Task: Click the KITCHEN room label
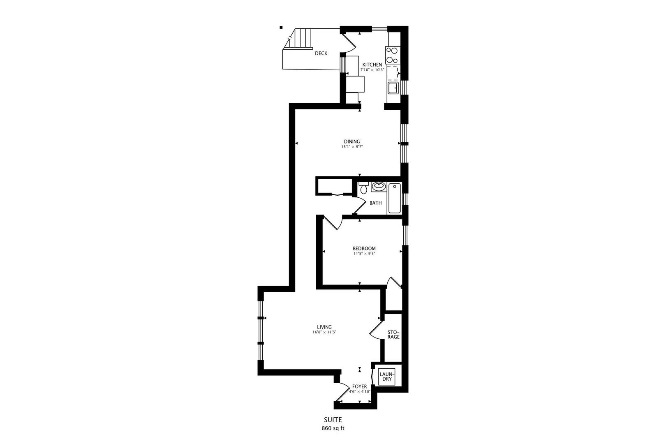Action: pyautogui.click(x=372, y=65)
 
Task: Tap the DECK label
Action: pyautogui.click(x=321, y=53)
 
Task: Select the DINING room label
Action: pyautogui.click(x=352, y=141)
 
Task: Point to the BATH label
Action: pyautogui.click(x=375, y=203)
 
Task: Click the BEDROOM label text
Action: pyautogui.click(x=364, y=248)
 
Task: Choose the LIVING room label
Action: pyautogui.click(x=324, y=327)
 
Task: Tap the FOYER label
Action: pyautogui.click(x=359, y=386)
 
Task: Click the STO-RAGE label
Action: pyautogui.click(x=393, y=334)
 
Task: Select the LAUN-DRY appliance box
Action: pyautogui.click(x=387, y=376)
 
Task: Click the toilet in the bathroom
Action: pyautogui.click(x=363, y=190)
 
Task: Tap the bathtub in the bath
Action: pyautogui.click(x=394, y=199)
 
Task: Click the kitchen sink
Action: pyautogui.click(x=392, y=87)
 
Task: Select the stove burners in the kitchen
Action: pyautogui.click(x=392, y=54)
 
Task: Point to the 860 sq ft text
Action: pyautogui.click(x=333, y=428)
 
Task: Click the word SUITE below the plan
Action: pyautogui.click(x=333, y=420)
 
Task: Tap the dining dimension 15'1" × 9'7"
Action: pyautogui.click(x=352, y=146)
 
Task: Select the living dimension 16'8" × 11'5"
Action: pyautogui.click(x=324, y=332)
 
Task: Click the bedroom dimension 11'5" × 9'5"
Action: pyautogui.click(x=364, y=253)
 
